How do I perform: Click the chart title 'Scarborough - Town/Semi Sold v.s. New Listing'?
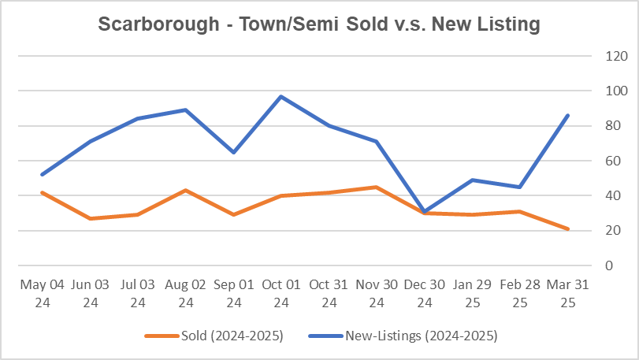pos(319,24)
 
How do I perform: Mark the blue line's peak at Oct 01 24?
pos(281,96)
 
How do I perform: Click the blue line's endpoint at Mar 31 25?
pos(568,116)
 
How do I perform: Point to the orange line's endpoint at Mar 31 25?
pos(568,229)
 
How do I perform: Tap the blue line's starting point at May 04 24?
pos(41,175)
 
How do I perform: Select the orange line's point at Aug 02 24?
pos(185,190)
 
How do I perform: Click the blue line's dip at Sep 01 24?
pos(233,152)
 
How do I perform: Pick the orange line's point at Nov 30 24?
pos(377,187)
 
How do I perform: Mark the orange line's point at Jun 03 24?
pos(89,218)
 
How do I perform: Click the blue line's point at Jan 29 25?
pos(473,180)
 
